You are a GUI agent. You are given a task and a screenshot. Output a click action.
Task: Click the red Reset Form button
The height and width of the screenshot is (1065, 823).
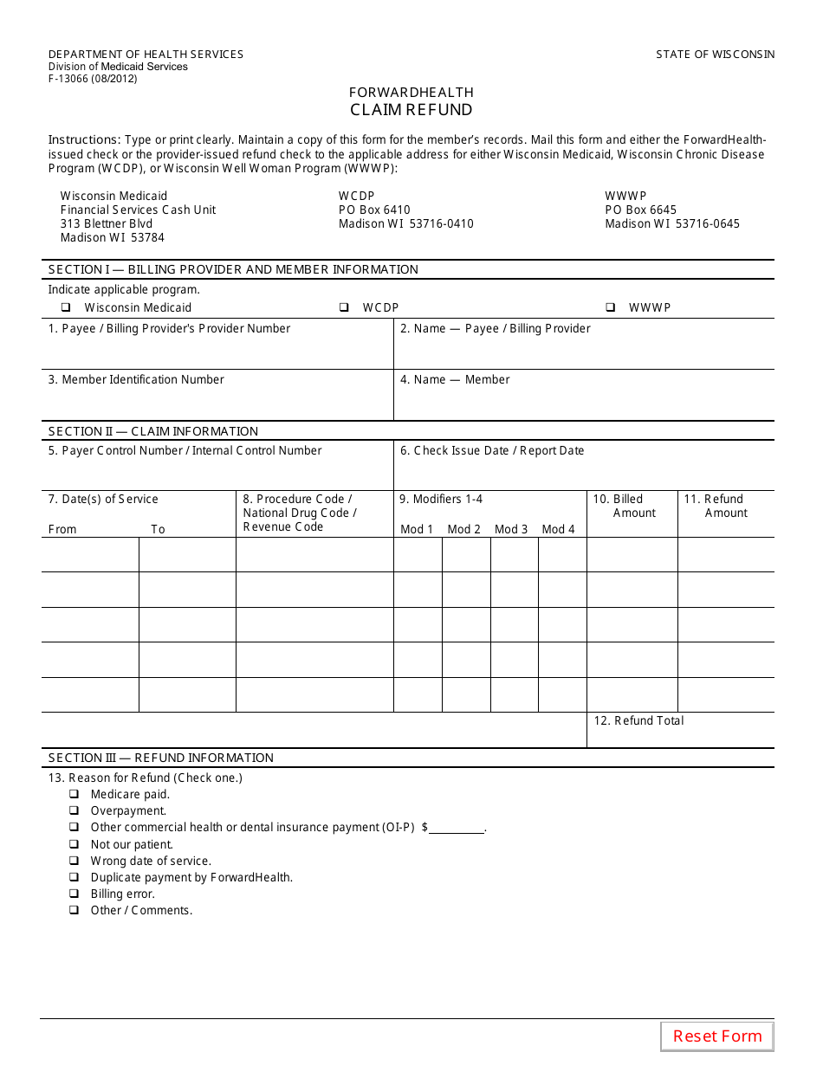[717, 1036]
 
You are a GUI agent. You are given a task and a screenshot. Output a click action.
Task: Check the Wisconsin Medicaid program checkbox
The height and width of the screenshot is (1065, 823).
[66, 307]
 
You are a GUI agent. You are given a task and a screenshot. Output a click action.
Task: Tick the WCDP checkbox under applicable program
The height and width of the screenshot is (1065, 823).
[344, 307]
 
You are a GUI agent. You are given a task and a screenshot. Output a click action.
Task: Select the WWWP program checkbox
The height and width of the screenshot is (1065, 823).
[610, 307]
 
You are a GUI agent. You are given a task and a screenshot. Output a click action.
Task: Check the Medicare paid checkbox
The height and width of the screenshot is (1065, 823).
[74, 794]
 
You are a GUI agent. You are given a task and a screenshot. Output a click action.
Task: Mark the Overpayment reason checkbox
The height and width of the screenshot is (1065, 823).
[74, 810]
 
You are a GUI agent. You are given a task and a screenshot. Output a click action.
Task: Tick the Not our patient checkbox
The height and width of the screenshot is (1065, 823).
[74, 844]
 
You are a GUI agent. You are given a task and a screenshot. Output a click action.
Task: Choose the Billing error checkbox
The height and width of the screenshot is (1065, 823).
[74, 894]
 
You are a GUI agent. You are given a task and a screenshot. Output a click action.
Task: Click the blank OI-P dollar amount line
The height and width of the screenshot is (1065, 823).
[457, 829]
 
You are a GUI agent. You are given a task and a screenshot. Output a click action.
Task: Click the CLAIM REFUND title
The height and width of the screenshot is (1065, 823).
[411, 110]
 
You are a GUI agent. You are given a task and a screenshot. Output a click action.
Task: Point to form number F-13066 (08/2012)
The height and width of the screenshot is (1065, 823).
[93, 79]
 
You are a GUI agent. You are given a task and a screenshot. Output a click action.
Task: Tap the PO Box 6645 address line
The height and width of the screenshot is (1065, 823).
[640, 210]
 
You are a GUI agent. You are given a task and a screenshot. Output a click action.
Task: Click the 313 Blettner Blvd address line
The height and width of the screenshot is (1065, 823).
[106, 223]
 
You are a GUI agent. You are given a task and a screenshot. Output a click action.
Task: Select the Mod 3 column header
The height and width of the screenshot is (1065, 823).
[511, 529]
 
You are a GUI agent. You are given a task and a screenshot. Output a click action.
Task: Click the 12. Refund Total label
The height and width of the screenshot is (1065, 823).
[638, 720]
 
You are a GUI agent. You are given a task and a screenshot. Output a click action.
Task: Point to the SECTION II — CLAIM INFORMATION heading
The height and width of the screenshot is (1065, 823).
[153, 431]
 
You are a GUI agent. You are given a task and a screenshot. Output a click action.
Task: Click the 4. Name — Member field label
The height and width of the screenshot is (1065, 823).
[455, 379]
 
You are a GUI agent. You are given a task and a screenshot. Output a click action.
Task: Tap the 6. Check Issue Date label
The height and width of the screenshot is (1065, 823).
[492, 450]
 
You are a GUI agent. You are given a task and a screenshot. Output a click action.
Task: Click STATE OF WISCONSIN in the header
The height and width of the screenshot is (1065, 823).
[715, 55]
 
